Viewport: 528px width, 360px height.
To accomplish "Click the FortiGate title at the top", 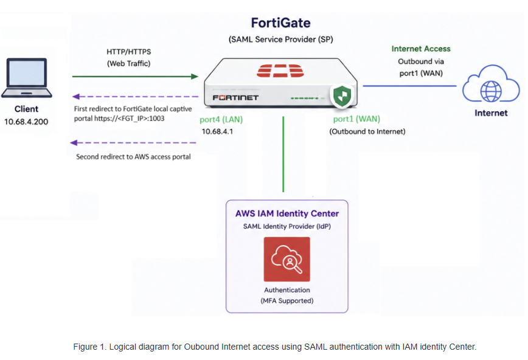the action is point(280,23).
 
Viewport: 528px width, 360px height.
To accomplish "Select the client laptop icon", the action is point(27,78).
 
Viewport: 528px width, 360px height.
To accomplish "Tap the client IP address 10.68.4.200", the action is point(26,122).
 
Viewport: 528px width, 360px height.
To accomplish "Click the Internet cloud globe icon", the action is point(491,84).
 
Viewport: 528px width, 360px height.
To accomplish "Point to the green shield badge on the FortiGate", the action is point(342,96).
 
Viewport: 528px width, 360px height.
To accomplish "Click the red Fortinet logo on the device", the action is point(280,71).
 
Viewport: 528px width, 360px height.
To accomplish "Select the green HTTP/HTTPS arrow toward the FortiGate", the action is point(135,77).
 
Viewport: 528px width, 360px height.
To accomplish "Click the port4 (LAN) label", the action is point(221,120).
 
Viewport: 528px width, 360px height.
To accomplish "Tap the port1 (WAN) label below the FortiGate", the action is point(356,119).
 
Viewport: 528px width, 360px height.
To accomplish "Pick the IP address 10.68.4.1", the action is point(217,131).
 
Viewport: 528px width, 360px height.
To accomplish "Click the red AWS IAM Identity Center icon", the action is point(287,259).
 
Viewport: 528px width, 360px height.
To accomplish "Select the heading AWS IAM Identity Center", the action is point(287,213).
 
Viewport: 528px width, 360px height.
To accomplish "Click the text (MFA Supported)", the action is point(287,300).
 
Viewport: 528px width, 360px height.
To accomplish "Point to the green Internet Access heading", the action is point(421,49).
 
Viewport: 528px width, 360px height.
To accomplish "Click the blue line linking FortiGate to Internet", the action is point(409,86).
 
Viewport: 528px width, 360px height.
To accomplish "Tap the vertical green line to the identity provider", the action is point(283,154).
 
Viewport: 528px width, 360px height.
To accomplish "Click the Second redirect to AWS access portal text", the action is point(133,157).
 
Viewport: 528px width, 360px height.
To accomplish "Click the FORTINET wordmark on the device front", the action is point(235,98).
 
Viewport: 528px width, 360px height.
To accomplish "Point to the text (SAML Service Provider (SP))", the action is point(281,40).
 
